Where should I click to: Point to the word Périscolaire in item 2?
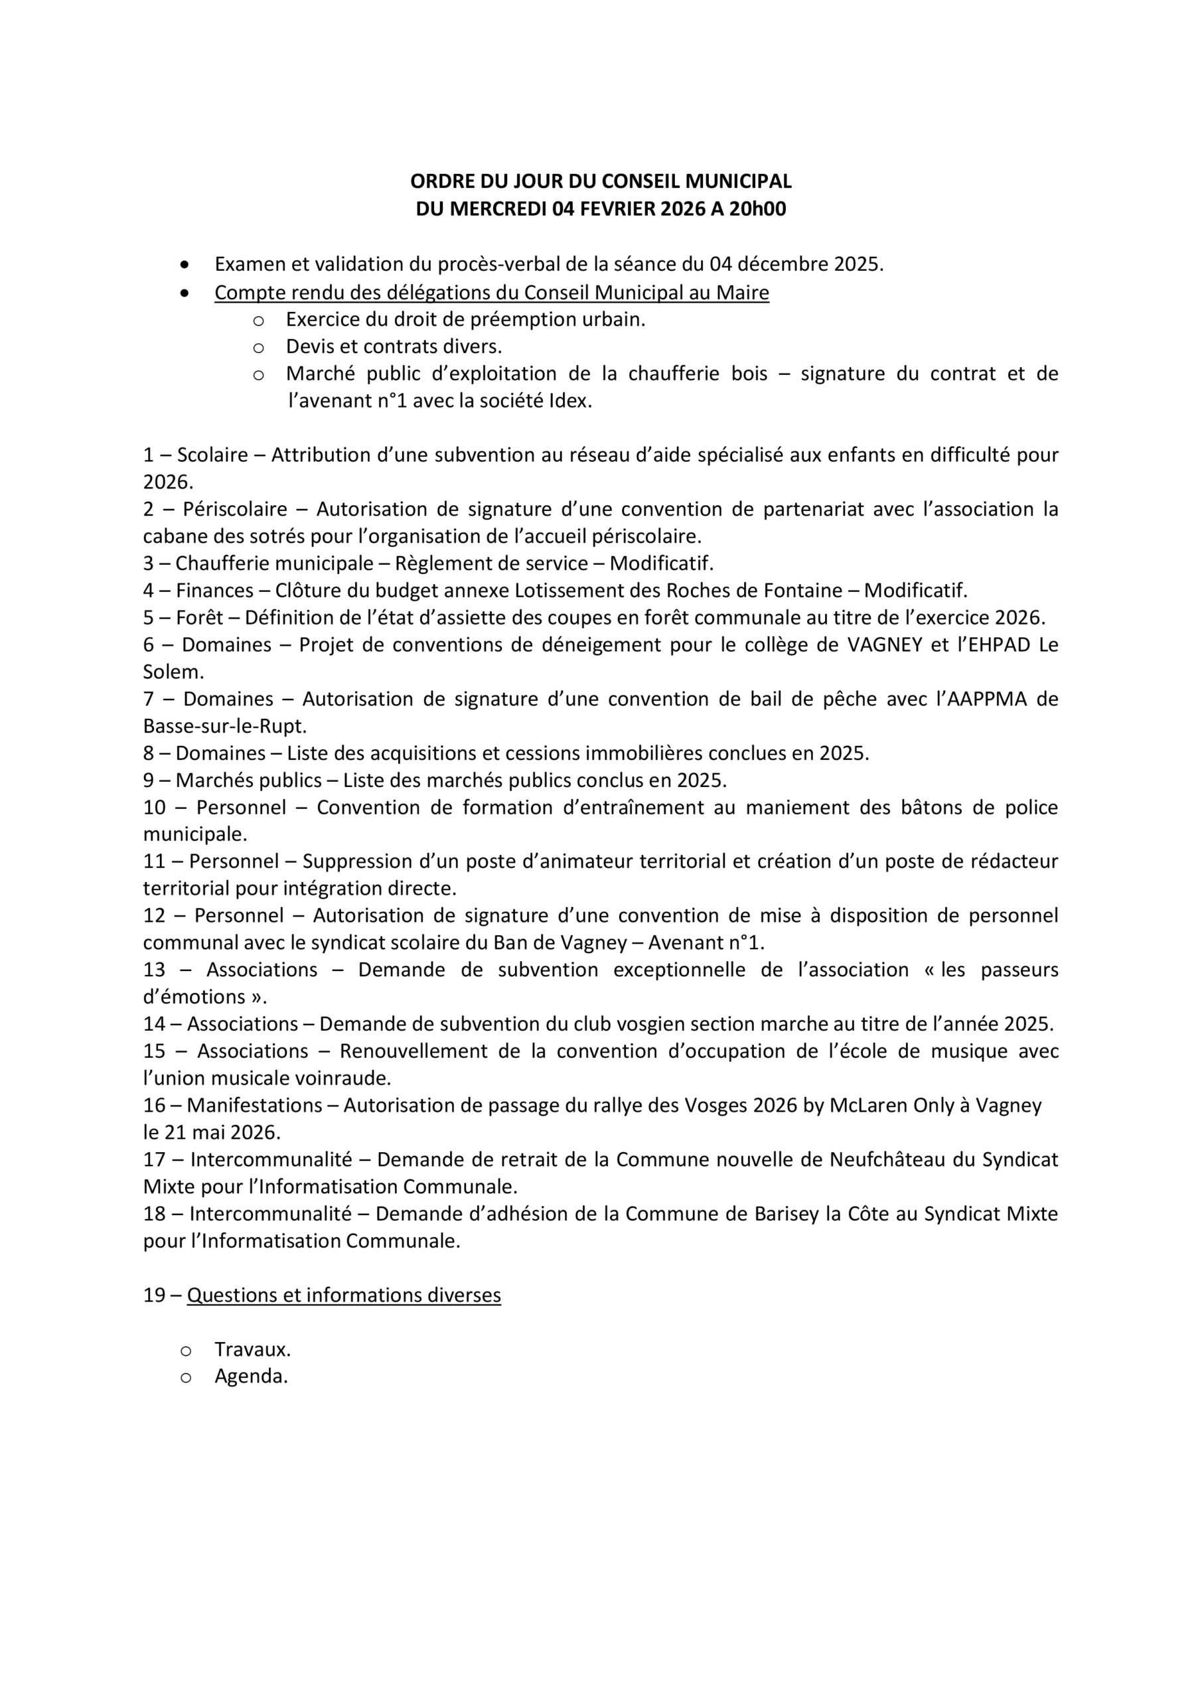(235, 509)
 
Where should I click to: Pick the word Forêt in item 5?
(200, 617)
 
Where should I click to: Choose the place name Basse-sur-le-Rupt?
(224, 726)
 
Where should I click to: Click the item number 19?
(154, 1295)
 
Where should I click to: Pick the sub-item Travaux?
(252, 1349)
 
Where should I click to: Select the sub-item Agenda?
(250, 1376)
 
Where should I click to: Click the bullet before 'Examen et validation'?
(185, 265)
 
